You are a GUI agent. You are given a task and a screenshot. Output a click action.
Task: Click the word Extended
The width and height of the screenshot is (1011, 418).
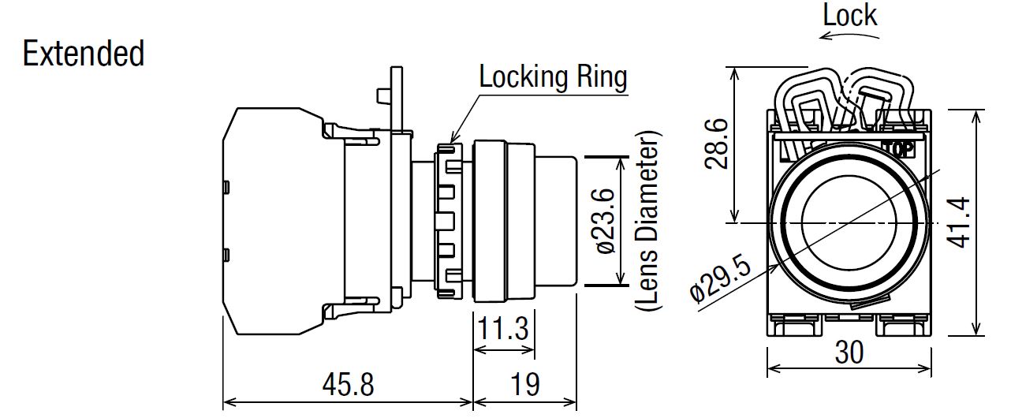click(84, 54)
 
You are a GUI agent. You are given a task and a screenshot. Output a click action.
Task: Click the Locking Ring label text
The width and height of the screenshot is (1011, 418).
click(553, 77)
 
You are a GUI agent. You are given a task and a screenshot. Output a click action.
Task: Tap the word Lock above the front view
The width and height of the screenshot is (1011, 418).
click(849, 15)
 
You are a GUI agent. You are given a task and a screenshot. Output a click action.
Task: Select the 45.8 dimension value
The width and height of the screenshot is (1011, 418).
click(348, 385)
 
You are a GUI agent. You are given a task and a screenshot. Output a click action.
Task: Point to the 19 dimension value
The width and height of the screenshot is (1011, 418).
click(524, 385)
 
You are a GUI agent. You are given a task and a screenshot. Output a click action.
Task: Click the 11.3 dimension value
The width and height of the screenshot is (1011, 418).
click(504, 328)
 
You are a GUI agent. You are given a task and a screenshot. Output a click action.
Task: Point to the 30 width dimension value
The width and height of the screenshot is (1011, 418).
click(848, 352)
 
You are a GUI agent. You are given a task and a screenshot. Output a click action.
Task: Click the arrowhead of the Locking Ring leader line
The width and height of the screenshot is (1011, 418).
click(451, 143)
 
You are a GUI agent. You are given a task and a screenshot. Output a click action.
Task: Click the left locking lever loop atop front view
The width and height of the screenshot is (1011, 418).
click(808, 102)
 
